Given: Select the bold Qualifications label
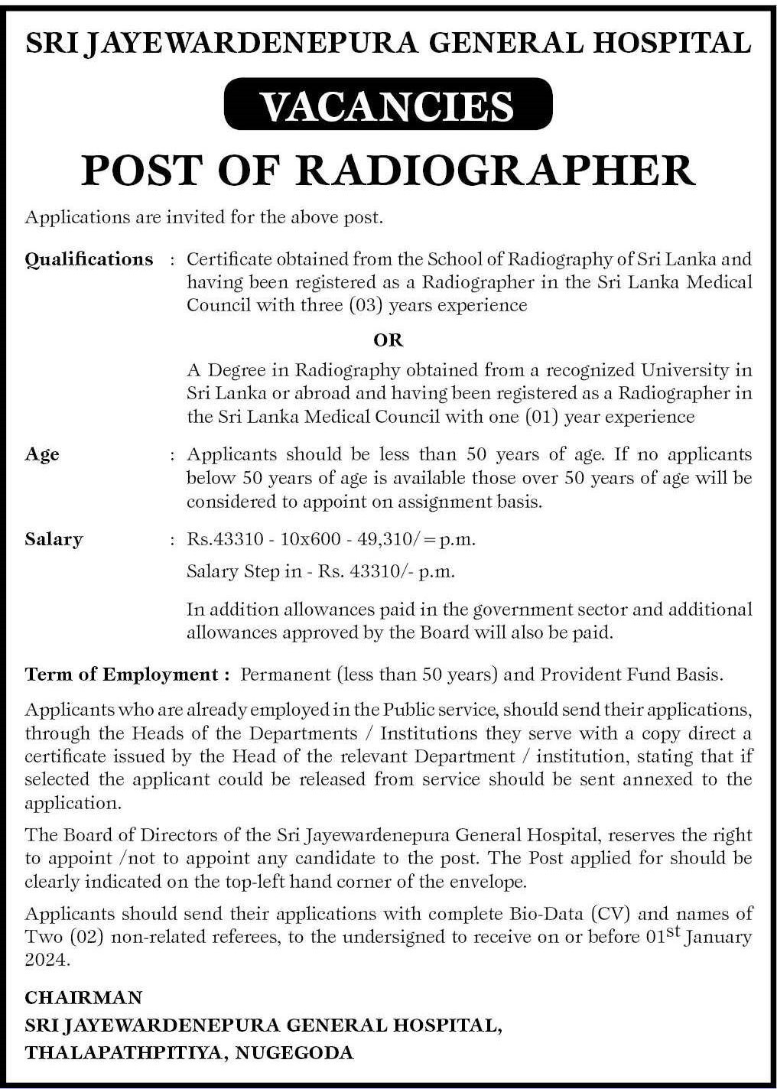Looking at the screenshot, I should (89, 259).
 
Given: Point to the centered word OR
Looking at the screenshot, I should (388, 340).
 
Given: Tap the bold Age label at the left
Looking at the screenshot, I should (42, 454).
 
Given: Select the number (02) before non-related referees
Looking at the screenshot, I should (88, 938).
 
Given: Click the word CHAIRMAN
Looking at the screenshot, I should (83, 997).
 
